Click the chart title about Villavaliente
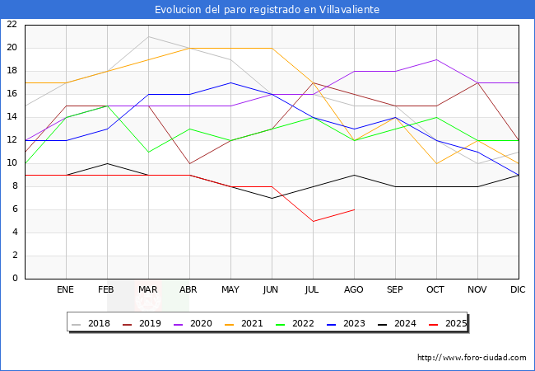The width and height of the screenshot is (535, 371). pos(267,10)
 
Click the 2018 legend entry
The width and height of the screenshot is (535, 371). pos(93,323)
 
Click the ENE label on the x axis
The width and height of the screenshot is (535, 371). pos(66,290)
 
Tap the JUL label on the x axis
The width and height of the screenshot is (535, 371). pos(313,290)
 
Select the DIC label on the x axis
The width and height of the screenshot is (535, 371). pos(518,290)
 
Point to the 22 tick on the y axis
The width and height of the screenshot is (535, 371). pos(12,25)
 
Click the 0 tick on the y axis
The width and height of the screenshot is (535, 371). pos(14,279)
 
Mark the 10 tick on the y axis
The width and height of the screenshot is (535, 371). pos(12,163)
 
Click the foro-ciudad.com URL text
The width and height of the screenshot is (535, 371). pos(472,358)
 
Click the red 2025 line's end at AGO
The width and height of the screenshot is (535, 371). pos(354,209)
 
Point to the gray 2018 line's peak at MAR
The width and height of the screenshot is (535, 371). pos(148,36)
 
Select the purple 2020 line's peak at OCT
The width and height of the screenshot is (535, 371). pos(436,59)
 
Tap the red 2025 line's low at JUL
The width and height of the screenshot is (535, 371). pos(313,221)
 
